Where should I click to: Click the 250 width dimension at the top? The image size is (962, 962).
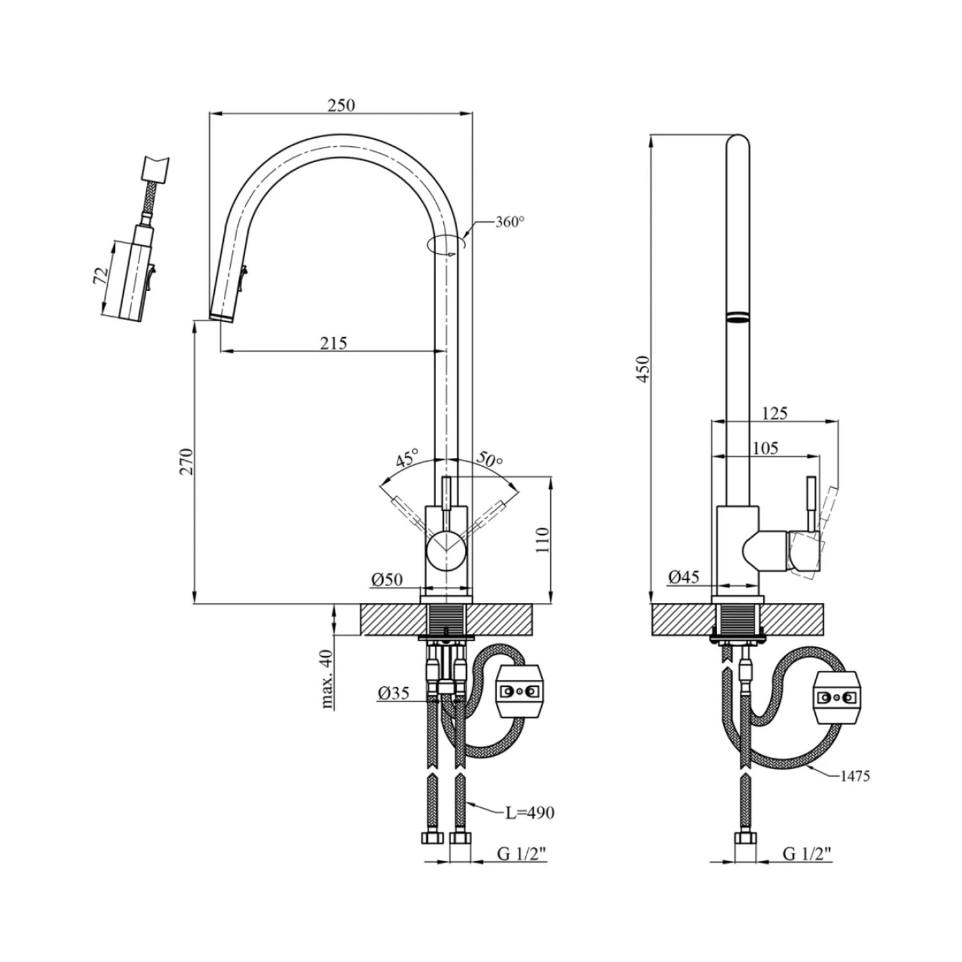[341, 105]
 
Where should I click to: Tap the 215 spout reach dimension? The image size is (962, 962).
[334, 343]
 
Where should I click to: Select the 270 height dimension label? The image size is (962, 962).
[187, 462]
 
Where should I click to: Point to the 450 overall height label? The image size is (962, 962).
[643, 369]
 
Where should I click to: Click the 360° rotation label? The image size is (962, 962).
[510, 223]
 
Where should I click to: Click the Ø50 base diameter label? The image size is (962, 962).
[387, 580]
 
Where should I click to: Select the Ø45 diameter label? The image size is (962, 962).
[684, 577]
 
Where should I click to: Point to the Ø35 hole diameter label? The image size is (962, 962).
[393, 693]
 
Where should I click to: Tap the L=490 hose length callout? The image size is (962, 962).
[529, 813]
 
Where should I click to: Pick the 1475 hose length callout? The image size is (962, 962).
[855, 776]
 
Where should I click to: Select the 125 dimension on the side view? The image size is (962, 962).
[775, 414]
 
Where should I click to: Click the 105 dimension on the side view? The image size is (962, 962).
[766, 448]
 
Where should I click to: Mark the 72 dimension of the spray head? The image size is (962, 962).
[101, 277]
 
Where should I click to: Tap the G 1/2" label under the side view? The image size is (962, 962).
[807, 854]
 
